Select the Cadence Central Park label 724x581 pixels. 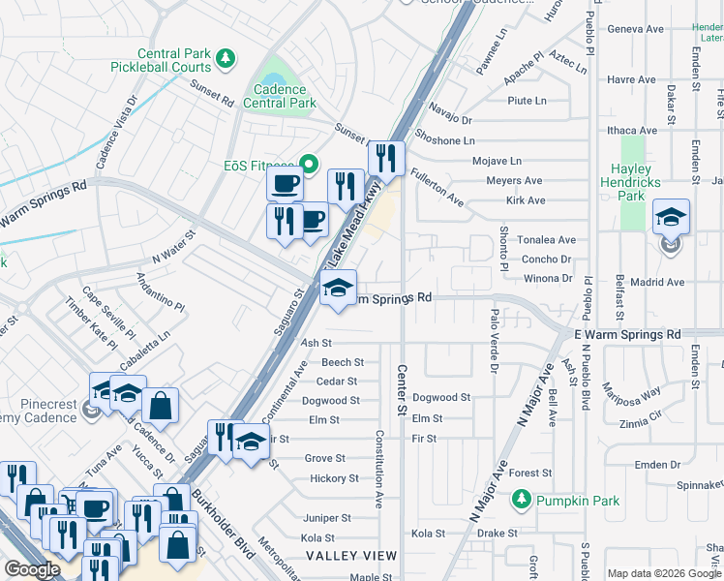coord(280,95)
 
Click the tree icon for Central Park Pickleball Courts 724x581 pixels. coord(226,59)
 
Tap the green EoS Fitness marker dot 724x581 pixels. coord(310,165)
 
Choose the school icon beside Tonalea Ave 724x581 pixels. coord(671,218)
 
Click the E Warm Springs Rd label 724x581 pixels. coord(627,334)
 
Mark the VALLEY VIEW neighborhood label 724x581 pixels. coord(351,556)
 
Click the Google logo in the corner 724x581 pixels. coord(32,569)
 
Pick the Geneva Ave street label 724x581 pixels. coord(635,29)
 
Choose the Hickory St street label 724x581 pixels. coord(334,478)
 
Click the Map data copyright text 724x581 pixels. coord(664,573)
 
